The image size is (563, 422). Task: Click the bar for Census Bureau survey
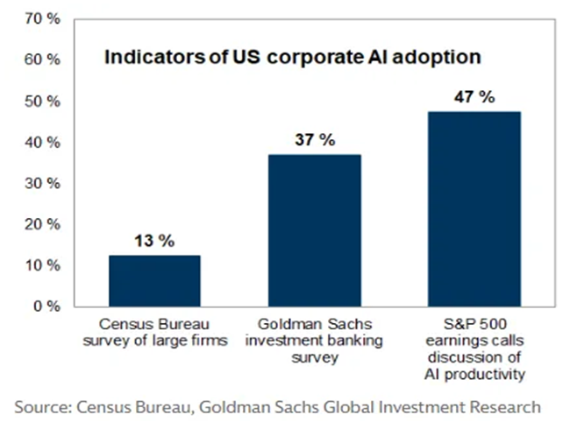(154, 280)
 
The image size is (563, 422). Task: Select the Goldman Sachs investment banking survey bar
(315, 230)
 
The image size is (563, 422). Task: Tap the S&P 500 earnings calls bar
(475, 209)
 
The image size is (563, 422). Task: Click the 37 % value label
(314, 140)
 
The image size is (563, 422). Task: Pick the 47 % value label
(474, 97)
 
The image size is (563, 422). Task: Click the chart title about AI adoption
(293, 59)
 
